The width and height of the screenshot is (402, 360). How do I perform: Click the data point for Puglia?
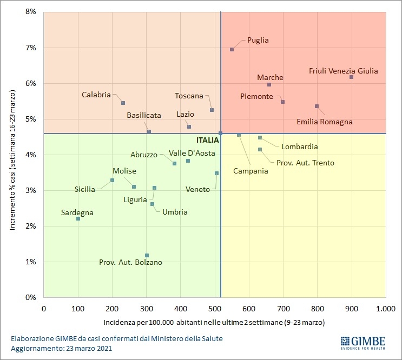232,49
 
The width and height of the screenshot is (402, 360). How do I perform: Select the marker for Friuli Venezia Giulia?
352,77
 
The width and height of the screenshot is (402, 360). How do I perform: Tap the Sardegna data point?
78,218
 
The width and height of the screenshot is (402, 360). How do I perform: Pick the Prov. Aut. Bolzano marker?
147,255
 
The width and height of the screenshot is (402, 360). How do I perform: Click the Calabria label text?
96,95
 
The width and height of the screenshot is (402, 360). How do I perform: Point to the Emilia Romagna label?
325,122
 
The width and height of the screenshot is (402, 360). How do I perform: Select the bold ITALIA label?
208,139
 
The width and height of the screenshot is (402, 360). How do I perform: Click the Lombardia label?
299,146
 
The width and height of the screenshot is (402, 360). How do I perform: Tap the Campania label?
251,171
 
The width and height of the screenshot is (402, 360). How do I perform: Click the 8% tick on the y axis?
31,12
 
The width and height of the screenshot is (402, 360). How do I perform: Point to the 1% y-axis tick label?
31,262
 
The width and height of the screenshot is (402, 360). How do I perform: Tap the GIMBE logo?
363,342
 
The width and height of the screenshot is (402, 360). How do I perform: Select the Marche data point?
269,85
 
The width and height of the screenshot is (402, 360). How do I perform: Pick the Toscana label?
189,96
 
